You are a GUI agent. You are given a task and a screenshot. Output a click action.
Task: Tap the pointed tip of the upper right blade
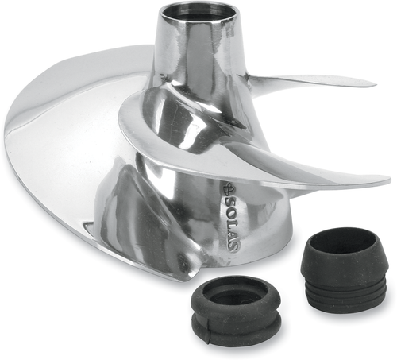[x=372, y=83]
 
